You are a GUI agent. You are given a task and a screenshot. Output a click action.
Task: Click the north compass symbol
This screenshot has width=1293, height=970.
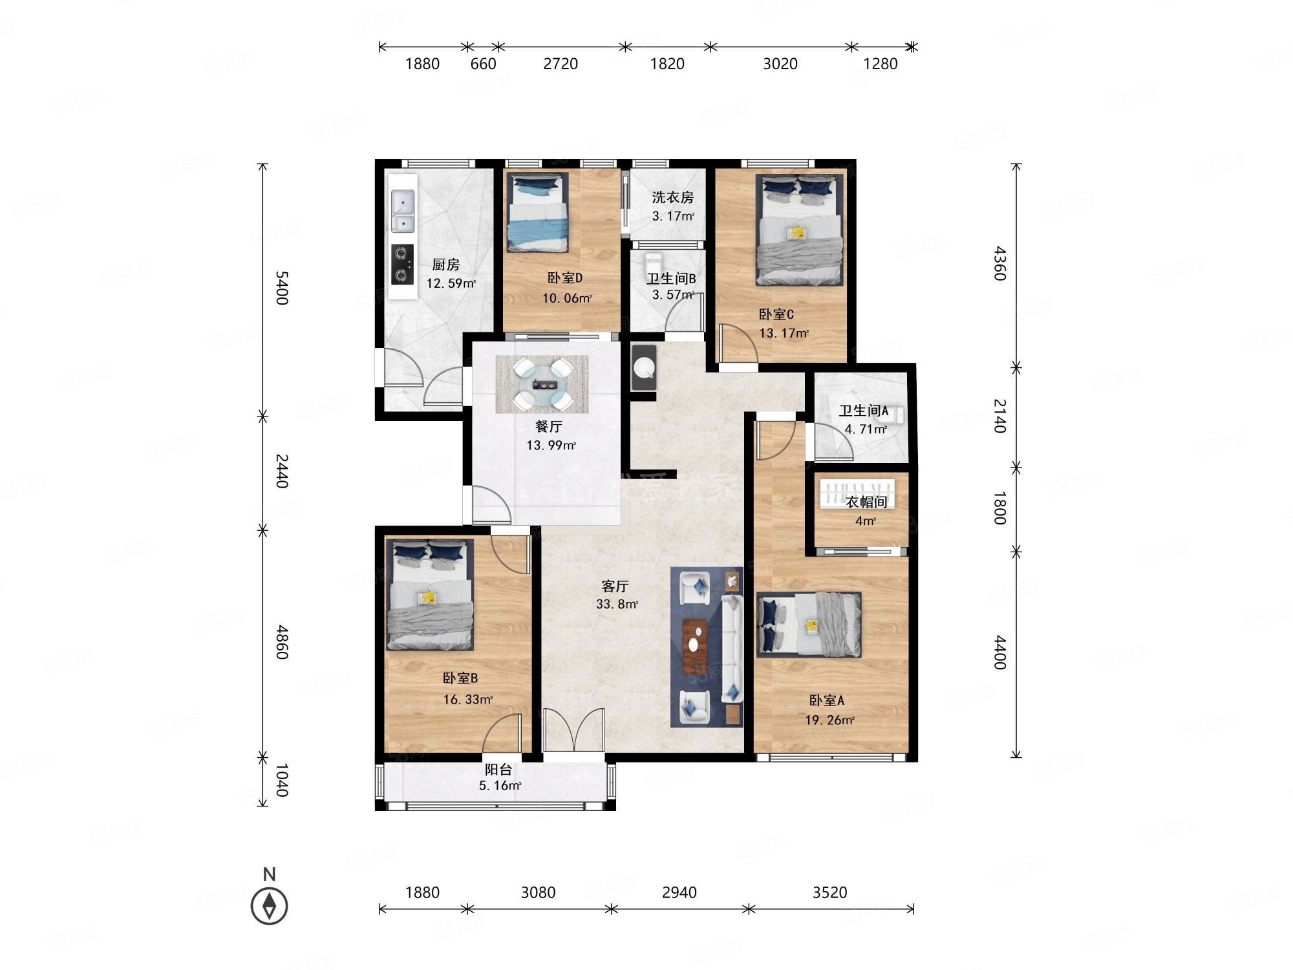[270, 905]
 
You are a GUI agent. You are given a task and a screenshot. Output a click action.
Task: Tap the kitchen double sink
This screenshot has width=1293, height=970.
[403, 211]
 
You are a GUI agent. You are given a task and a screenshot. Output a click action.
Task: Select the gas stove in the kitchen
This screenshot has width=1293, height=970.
[403, 264]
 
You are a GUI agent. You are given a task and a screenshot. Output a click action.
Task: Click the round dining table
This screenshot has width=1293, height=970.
[542, 385]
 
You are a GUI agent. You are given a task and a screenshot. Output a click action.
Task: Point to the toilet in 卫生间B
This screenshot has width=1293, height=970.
[653, 265]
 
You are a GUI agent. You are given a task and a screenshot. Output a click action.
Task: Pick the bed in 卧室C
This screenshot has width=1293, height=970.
[800, 230]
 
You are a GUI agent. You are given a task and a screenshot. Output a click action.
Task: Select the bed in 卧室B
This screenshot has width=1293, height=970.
[430, 595]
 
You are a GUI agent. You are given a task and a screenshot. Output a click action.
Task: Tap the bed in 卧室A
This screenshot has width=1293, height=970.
[809, 625]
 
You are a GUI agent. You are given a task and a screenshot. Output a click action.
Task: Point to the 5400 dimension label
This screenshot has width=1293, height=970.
[281, 288]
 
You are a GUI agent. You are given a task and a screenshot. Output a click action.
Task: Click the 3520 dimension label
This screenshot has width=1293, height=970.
[829, 892]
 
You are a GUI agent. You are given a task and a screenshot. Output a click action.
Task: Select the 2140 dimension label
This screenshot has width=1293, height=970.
[999, 416]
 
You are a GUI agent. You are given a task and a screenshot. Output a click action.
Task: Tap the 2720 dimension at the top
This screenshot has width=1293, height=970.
[561, 63]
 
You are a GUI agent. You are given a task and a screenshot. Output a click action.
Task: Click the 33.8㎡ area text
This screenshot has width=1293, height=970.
[617, 605]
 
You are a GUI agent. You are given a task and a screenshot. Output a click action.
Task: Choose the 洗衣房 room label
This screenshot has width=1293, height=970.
[672, 197]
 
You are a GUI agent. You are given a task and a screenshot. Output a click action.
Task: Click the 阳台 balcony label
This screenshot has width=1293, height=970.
[498, 770]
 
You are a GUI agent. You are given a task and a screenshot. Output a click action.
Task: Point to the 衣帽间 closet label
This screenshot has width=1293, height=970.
[866, 502]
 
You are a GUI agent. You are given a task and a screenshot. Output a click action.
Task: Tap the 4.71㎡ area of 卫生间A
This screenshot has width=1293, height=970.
[865, 429]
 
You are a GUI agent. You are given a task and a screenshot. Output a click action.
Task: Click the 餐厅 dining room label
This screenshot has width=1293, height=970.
[549, 427]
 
